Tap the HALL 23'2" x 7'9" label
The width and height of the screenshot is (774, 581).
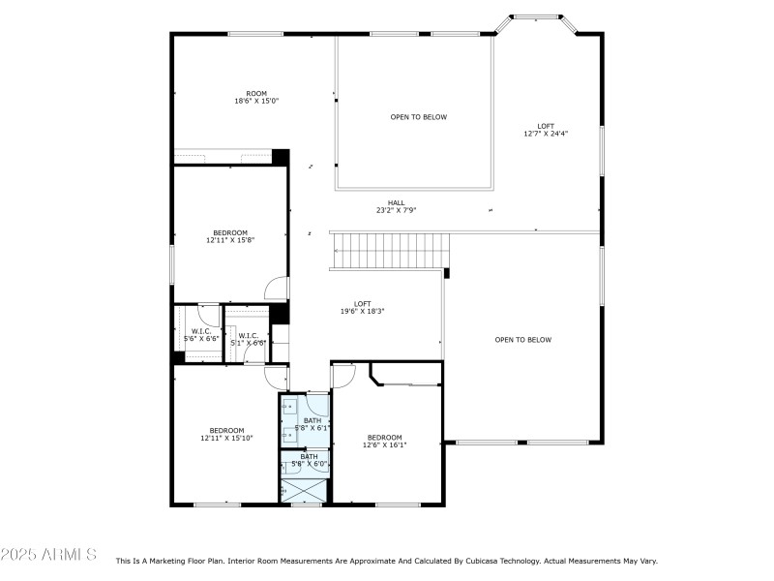click(x=397, y=206)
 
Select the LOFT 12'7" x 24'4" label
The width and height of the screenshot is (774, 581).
click(x=546, y=130)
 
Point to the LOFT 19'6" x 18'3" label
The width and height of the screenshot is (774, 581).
click(x=362, y=308)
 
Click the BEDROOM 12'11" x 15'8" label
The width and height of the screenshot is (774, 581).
click(x=230, y=236)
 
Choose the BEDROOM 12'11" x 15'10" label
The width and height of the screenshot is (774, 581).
click(x=227, y=434)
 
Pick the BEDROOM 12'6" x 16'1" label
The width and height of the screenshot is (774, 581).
click(x=384, y=441)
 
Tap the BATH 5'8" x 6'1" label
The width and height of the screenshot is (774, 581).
click(x=312, y=424)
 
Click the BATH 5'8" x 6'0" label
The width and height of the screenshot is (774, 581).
click(x=309, y=460)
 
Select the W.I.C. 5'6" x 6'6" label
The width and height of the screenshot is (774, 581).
click(x=201, y=335)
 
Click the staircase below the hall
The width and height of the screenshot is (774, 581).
click(x=390, y=251)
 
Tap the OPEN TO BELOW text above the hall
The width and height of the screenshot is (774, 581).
click(x=419, y=117)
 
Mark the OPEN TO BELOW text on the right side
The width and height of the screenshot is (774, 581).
click(x=522, y=340)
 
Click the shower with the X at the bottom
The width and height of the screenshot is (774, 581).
click(x=305, y=491)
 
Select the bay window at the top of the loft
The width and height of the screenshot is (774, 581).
click(x=536, y=17)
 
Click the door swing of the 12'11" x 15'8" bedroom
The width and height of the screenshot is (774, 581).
click(x=278, y=289)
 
